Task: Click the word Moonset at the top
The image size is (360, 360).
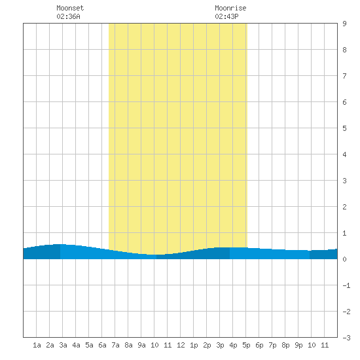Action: pyautogui.click(x=70, y=8)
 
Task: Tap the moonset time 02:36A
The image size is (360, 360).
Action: pyautogui.click(x=68, y=16)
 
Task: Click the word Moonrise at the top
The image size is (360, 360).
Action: pyautogui.click(x=230, y=8)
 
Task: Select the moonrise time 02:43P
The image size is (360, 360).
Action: pyautogui.click(x=226, y=16)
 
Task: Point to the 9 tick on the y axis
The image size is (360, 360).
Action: pyautogui.click(x=344, y=24)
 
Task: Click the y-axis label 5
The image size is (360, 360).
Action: pyautogui.click(x=344, y=128)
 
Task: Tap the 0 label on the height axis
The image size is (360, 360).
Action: pyautogui.click(x=344, y=259)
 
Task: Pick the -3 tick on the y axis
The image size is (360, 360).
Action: pyautogui.click(x=346, y=338)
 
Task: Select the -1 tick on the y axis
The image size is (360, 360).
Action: pyautogui.click(x=346, y=285)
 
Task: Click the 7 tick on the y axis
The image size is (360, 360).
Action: pyautogui.click(x=344, y=76)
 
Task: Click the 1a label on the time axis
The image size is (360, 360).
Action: pyautogui.click(x=37, y=345)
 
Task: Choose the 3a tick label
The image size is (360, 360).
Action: pyautogui.click(x=63, y=345)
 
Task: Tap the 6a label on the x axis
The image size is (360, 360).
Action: pyautogui.click(x=102, y=345)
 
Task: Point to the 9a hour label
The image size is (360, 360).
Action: pyautogui.click(x=141, y=345)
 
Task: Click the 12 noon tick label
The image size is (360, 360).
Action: pyautogui.click(x=181, y=345)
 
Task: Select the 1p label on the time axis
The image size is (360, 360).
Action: pyautogui.click(x=194, y=345)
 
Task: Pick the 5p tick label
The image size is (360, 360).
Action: pyautogui.click(x=246, y=345)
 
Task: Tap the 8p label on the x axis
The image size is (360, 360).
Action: pyautogui.click(x=285, y=345)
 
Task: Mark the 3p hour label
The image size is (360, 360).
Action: pyautogui.click(x=220, y=345)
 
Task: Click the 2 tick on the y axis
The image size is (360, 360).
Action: pyautogui.click(x=344, y=207)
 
